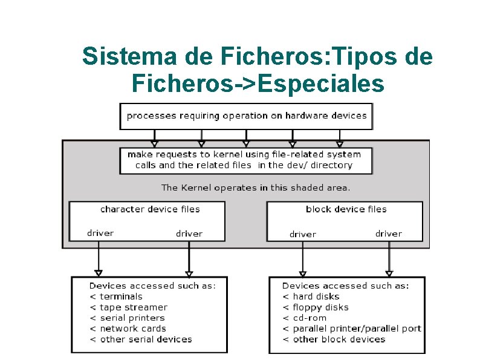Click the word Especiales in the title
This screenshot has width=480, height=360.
[320, 83]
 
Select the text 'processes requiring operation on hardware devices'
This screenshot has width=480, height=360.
[247, 116]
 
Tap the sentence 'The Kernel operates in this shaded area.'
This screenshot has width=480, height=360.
[256, 188]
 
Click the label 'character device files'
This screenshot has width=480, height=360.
[150, 209]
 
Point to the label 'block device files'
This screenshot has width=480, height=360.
[346, 209]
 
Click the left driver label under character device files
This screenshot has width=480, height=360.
[100, 233]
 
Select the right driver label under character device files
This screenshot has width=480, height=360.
[189, 234]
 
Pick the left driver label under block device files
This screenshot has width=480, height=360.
[302, 234]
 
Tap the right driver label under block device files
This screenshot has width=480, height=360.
[388, 234]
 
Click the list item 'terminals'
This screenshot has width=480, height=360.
[121, 296]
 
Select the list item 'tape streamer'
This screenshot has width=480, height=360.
[133, 307]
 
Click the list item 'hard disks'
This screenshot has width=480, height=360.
[316, 296]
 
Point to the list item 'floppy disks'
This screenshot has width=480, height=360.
[320, 307]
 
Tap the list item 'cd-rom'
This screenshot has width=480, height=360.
[310, 318]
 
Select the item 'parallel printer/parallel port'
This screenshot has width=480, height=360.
[357, 329]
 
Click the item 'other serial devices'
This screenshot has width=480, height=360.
[146, 339]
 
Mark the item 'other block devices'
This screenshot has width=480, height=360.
[339, 339]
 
